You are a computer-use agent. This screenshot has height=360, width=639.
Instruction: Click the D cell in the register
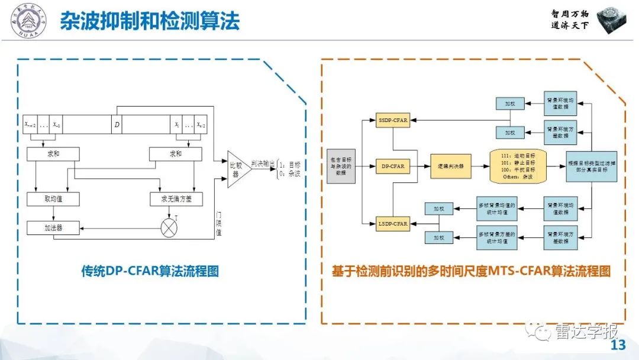coord(117,124)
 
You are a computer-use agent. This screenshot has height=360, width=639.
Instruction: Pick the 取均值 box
coord(53,199)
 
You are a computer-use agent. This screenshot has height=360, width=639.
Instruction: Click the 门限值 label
coord(219,224)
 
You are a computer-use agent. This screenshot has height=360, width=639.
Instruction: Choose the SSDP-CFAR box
coord(392,120)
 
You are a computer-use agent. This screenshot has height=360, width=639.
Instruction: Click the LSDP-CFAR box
coord(392,223)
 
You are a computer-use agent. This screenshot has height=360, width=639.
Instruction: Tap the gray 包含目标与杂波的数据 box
coord(341,166)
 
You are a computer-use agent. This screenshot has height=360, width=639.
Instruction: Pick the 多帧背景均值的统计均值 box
coord(497,208)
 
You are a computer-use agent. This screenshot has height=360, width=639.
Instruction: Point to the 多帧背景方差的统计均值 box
coord(497,237)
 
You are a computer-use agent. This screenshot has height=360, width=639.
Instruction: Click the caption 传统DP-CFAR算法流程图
coord(150,271)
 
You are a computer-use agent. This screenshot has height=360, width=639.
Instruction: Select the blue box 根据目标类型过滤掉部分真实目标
coord(592,166)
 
